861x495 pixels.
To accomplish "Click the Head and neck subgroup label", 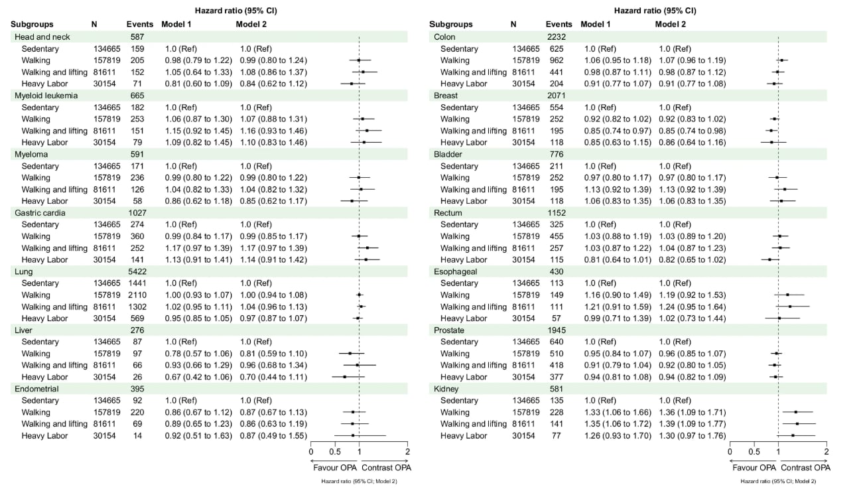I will coord(42,37).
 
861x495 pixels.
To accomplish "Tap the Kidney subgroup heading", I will coord(445,389).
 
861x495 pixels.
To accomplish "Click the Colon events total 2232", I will coord(557,37).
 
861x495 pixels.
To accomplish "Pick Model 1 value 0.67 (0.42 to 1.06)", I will coord(198,377).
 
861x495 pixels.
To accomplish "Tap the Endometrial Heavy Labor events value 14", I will coord(137,436).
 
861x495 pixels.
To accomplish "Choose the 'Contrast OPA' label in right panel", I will coord(805,467).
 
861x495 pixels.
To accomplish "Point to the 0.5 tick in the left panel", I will coord(335,453).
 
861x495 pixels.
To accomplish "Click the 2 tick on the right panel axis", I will coord(826,453).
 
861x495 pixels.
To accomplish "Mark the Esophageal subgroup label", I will coord(454,271).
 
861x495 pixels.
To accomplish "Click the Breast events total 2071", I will coord(557,96).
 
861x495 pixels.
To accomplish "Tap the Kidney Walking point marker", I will coord(795,412).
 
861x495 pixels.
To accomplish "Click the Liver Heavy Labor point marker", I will coord(345,377).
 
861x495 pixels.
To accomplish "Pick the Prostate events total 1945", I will coord(557,330).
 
